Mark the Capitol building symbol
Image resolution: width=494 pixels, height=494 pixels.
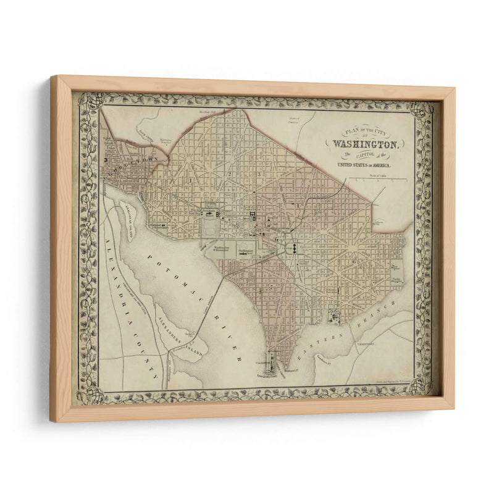(x=295, y=247)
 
